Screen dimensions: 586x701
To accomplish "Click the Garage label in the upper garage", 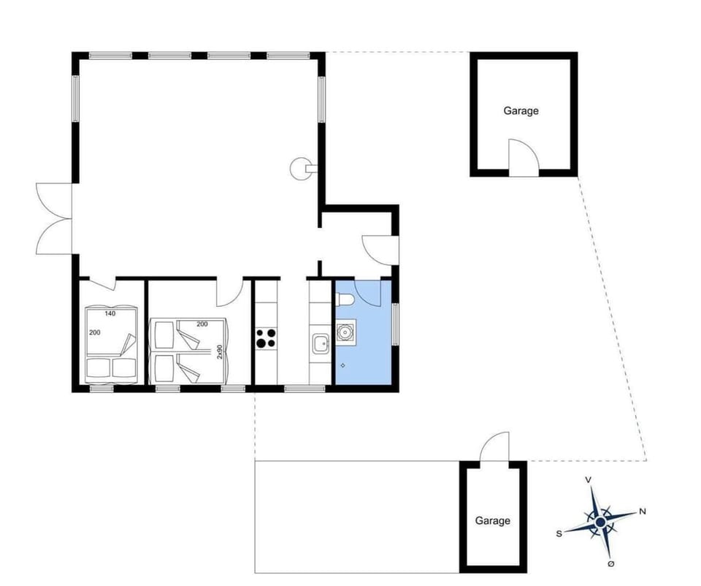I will point(521,111).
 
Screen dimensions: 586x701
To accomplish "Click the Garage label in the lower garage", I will point(492,521).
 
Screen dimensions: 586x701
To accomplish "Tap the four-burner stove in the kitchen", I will point(265,338).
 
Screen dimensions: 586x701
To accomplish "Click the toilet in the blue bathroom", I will point(345,299).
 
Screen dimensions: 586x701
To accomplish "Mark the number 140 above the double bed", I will point(110,313).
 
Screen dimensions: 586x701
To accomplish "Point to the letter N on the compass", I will point(643,511).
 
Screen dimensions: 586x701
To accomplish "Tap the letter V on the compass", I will point(589,480).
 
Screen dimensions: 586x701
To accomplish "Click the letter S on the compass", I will point(559,533).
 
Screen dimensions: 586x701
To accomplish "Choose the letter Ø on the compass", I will point(611,564).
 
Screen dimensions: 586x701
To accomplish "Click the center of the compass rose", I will point(600,522).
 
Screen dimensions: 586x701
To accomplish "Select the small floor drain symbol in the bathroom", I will point(343,365).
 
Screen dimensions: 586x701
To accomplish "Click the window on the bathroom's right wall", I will point(395,324).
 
